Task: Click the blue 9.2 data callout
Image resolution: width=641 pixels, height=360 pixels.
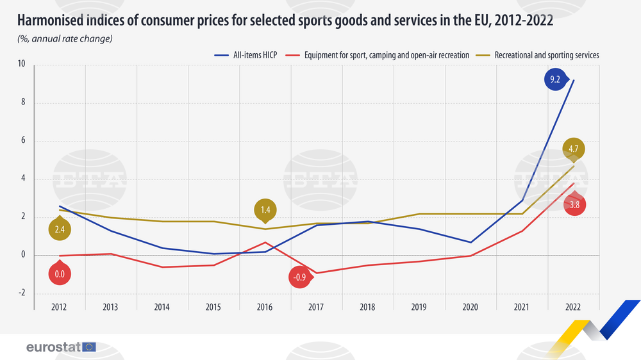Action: coord(555,81)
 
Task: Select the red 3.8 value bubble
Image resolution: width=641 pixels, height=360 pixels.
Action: coord(575,205)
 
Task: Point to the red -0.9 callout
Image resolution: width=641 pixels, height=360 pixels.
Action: coord(300,277)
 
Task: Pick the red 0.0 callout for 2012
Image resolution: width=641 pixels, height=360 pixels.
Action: coord(60,274)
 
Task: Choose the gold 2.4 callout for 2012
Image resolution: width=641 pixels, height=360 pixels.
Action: coord(60,229)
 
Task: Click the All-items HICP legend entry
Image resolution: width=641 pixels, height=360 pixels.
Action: coord(243,56)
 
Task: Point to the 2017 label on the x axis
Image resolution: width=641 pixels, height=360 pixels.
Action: coord(316,307)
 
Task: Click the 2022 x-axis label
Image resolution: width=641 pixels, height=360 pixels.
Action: coord(572,307)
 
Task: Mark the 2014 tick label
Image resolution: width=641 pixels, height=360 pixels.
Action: coord(162,307)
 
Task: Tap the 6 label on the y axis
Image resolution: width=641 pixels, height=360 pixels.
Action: coord(22,141)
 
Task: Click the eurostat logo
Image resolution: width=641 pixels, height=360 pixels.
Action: coord(61,347)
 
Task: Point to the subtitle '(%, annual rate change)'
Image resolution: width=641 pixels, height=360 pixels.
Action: coord(65,40)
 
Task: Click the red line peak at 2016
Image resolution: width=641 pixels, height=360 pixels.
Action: coord(265,242)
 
